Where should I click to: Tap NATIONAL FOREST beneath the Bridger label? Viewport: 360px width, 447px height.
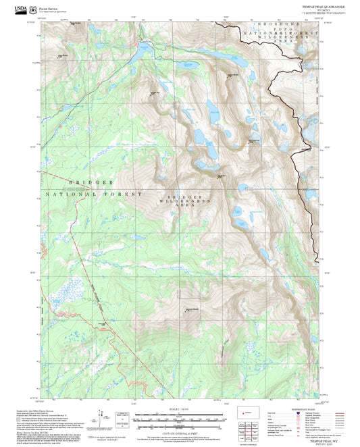click(x=95, y=194)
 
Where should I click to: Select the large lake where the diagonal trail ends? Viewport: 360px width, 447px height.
click(x=143, y=49)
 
